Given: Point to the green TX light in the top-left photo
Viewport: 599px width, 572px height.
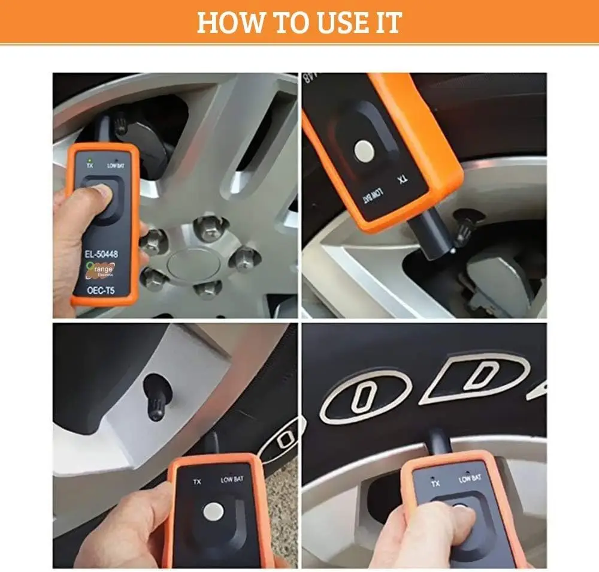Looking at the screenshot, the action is [89, 159].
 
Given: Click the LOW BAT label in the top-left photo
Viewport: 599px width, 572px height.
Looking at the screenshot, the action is [116, 165].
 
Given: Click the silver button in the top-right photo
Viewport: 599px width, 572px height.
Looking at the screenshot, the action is [362, 150].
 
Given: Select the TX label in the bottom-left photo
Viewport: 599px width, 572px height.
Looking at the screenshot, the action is [196, 481].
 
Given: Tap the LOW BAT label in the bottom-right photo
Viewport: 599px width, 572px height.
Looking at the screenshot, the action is [470, 478].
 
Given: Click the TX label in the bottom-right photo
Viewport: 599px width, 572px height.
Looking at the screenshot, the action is [435, 482].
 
